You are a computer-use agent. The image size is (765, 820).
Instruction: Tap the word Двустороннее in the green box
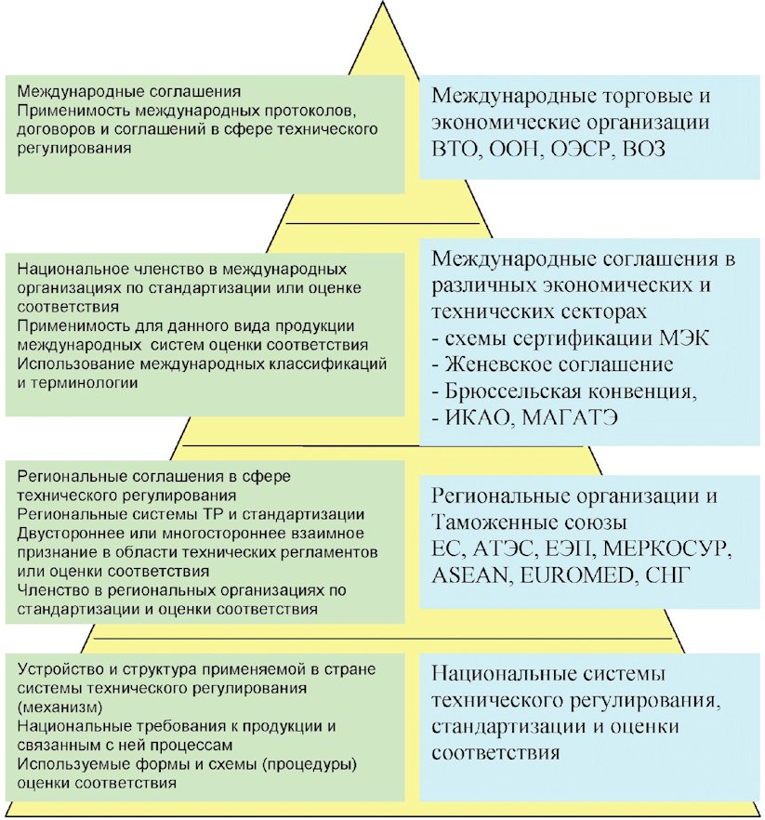(x=66, y=532)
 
